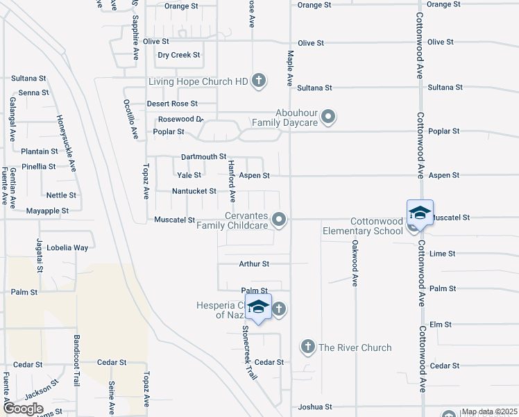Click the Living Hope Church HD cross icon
(x=259, y=81)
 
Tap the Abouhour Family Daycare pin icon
(x=329, y=116)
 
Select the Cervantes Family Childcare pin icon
(x=279, y=220)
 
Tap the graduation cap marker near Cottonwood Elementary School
(x=420, y=213)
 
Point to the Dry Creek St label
(x=178, y=55)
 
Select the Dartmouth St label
(x=203, y=157)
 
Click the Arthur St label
(x=253, y=264)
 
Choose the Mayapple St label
(x=47, y=211)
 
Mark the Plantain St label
(x=39, y=152)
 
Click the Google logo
(x=23, y=409)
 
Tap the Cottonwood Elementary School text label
(x=362, y=227)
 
